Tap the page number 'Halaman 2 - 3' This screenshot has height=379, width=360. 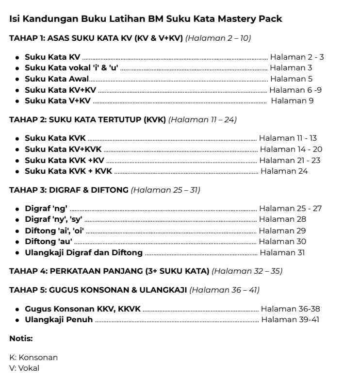tap(296, 57)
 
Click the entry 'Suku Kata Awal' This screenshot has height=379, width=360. tap(57, 79)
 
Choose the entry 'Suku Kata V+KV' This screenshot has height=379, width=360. tap(57, 101)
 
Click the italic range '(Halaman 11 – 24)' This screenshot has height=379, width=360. tap(202, 119)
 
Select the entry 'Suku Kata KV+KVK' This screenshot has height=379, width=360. tap(63, 149)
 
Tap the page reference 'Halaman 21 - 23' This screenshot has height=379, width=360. tap(290, 161)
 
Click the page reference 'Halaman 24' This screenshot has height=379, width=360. tap(284, 171)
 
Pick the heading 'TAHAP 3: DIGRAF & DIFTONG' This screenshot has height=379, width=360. tap(68, 190)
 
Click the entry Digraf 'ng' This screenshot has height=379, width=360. tap(46, 209)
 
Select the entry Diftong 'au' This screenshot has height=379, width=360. tap(49, 242)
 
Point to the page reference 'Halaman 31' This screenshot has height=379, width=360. tap(284, 253)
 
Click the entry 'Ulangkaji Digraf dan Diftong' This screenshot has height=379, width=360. tap(83, 253)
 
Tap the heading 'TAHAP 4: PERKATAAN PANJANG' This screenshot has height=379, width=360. tap(109, 271)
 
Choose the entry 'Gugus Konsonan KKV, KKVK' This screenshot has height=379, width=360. tap(82, 309)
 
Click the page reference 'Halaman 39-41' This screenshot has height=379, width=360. tap(290, 320)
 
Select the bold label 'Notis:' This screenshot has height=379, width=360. tap(21, 339)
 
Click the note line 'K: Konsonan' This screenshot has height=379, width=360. tap(33, 358)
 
